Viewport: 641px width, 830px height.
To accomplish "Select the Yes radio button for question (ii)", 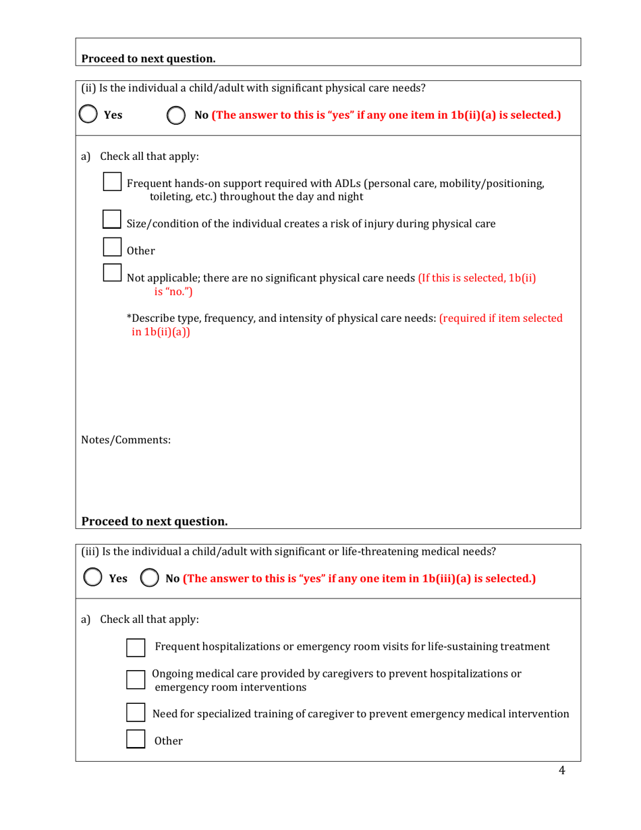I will [x=90, y=115].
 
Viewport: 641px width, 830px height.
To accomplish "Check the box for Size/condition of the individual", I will [x=112, y=219].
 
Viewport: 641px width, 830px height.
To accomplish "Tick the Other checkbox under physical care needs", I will [x=112, y=246].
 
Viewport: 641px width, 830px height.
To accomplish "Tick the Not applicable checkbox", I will [x=112, y=273].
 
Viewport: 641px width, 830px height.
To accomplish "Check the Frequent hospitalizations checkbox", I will [x=136, y=647].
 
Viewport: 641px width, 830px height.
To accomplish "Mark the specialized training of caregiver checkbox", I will [x=136, y=713].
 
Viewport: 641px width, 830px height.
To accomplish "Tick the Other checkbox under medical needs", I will [x=136, y=739].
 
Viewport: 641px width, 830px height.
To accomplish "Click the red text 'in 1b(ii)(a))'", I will [x=161, y=331].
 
